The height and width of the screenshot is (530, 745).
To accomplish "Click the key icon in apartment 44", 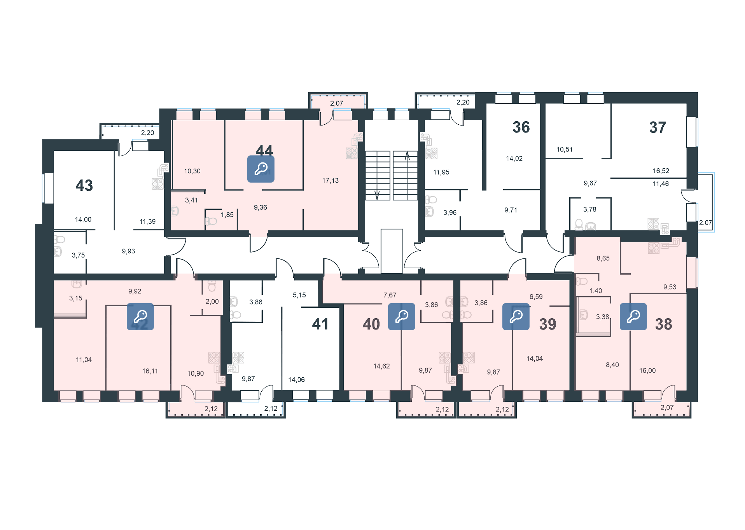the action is (261, 169).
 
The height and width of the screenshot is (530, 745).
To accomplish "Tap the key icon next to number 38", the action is (633, 317).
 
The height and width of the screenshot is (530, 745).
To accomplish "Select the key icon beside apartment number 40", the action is (402, 317).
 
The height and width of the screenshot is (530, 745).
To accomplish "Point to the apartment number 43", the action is (84, 185).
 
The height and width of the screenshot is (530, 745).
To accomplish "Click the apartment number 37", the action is (658, 127).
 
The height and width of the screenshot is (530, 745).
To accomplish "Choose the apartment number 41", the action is (320, 324).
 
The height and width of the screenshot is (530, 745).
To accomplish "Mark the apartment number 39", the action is (547, 324).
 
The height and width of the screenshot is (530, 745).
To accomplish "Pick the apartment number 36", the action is (521, 127).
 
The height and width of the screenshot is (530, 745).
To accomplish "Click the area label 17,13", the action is (331, 180).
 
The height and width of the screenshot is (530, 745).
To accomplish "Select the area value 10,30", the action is (192, 171).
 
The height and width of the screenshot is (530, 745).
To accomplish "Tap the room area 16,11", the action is (150, 371).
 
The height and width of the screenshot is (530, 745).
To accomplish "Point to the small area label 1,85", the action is (227, 214).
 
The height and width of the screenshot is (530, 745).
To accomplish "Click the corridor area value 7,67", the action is (390, 295).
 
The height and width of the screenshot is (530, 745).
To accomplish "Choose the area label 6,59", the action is (536, 297).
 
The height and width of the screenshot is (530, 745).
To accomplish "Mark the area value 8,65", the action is (603, 258).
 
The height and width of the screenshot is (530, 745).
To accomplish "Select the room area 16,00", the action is (647, 371).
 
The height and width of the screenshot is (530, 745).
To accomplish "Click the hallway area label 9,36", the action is (261, 207).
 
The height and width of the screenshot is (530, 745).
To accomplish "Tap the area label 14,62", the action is (381, 366).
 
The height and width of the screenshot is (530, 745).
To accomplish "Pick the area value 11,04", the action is (84, 360).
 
